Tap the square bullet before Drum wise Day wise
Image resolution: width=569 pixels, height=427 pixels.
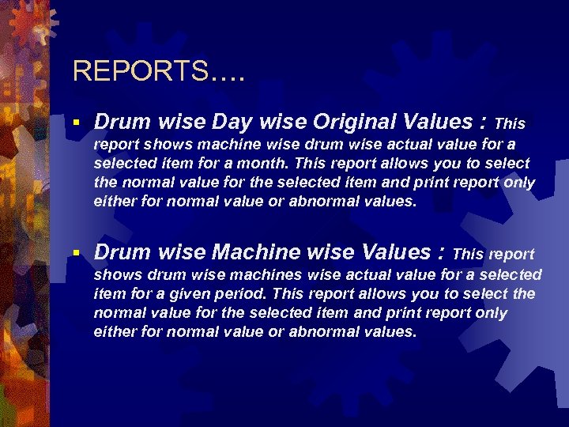[x=75, y=123]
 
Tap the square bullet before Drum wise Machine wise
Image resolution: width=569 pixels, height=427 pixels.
[x=75, y=253]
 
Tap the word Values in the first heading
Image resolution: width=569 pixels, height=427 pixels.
[x=441, y=122]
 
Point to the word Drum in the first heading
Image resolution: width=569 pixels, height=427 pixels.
[x=120, y=122]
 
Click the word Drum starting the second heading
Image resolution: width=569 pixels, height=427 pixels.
[x=120, y=252]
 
